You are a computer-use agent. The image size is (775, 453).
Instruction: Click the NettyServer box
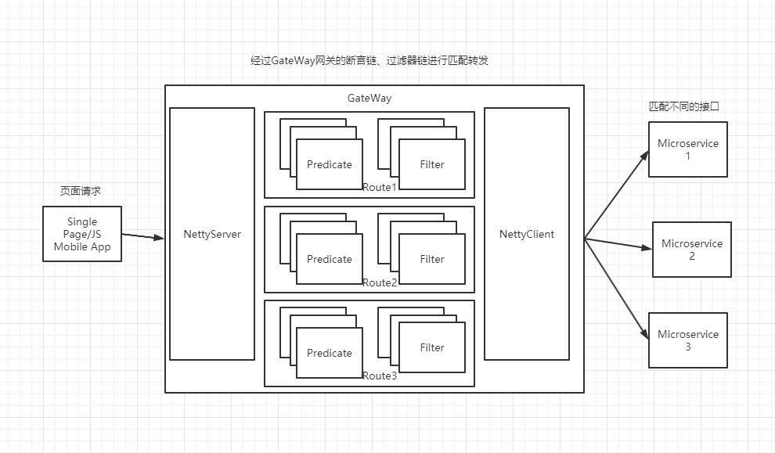tap(212, 234)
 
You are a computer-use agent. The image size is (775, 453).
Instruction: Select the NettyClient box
tap(527, 234)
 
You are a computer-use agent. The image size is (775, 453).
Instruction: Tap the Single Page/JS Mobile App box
tap(82, 234)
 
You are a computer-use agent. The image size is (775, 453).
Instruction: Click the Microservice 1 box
tap(688, 149)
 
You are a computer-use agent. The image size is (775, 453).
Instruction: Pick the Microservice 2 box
tap(692, 250)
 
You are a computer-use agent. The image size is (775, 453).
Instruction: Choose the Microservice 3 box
tap(688, 340)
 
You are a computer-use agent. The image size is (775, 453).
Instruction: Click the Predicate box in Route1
tap(330, 164)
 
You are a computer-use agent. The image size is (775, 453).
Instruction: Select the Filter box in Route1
tap(432, 164)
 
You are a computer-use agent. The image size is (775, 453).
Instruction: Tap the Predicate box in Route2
tap(330, 259)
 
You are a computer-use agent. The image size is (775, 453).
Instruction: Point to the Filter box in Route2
tap(432, 259)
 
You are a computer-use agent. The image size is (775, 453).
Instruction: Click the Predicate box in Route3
tap(330, 353)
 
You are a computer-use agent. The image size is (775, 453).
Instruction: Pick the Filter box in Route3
tap(432, 347)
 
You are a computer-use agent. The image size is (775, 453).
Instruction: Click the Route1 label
tap(380, 188)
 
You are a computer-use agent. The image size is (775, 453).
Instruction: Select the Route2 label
tap(380, 282)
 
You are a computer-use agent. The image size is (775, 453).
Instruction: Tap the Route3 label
tap(380, 376)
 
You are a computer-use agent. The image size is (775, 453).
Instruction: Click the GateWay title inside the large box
tap(369, 99)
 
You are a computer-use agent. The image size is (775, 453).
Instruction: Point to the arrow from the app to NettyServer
tap(143, 235)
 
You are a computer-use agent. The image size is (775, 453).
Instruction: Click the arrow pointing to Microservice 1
tap(617, 196)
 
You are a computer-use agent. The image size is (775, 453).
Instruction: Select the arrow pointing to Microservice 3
tap(617, 289)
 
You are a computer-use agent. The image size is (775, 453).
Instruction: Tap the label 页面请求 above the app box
tap(81, 191)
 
